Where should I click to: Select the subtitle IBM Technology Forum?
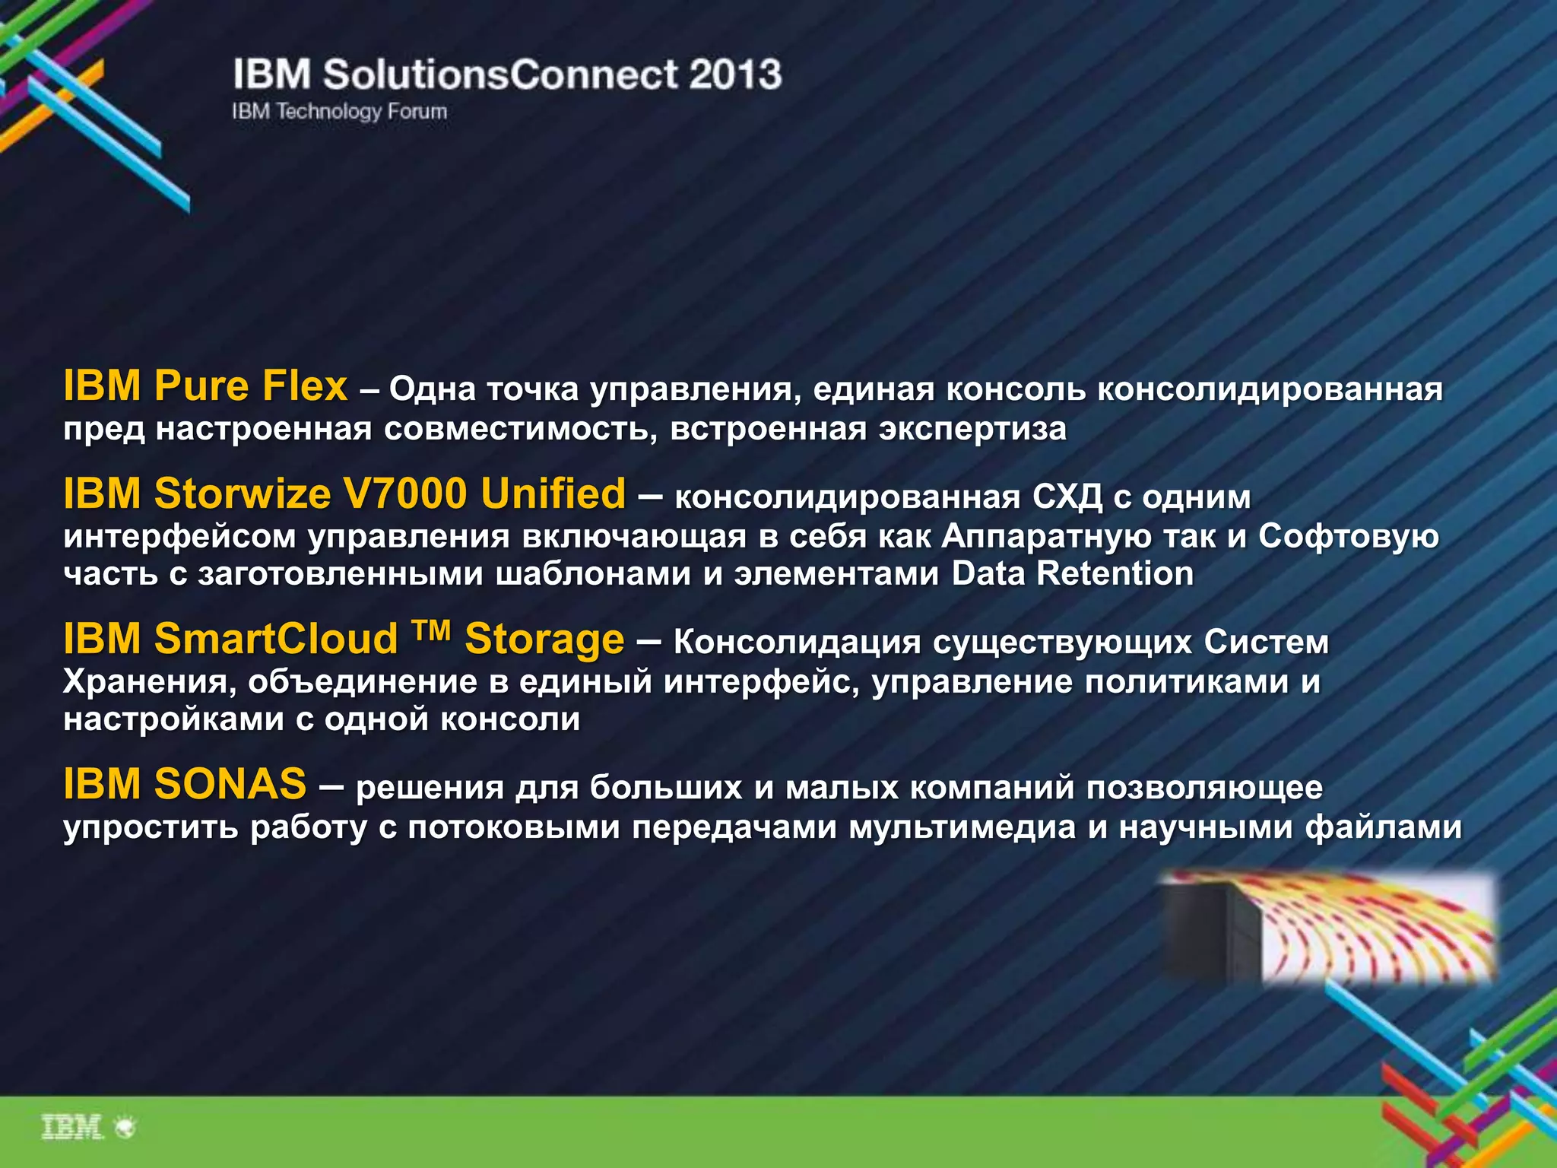click(339, 112)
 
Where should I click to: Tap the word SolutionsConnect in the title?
click(500, 75)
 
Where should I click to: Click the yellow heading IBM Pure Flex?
click(205, 386)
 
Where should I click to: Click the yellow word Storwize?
click(243, 494)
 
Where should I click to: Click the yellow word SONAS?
click(230, 783)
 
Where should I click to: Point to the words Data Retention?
click(1072, 573)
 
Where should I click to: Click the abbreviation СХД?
click(1067, 497)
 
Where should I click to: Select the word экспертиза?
click(973, 429)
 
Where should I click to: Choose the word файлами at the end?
click(1384, 827)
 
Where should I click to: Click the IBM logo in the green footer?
click(72, 1128)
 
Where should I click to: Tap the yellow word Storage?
click(544, 640)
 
